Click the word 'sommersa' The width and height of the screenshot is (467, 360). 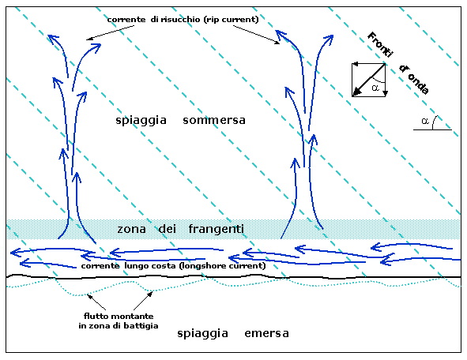point(214,120)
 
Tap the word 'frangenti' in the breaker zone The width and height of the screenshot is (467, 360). point(217,229)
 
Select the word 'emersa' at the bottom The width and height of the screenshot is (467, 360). point(266,333)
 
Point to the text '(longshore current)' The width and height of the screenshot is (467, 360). point(222,265)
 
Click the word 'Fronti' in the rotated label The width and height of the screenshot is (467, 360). point(380,45)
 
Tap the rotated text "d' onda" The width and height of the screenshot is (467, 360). point(414,80)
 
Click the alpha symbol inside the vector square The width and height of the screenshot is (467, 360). point(375,88)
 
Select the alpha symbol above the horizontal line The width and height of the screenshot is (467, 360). point(425,121)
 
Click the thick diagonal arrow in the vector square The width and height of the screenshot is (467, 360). point(369,80)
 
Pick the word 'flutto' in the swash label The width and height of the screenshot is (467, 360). point(92,316)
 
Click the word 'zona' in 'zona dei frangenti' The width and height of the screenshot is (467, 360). point(131,230)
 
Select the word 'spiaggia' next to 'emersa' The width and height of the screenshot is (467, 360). point(202,333)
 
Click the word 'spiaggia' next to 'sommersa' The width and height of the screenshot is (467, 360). point(141,121)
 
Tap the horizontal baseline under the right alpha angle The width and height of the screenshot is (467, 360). point(432,130)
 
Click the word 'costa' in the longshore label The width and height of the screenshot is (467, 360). point(165,266)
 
